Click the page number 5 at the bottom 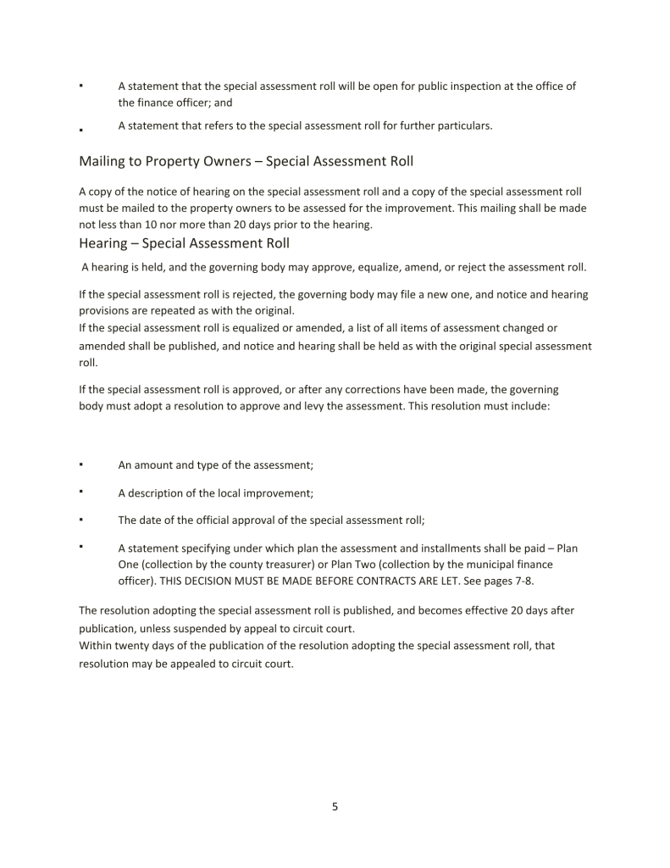335,807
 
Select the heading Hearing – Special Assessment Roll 184,244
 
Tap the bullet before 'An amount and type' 80,465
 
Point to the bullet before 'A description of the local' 80,492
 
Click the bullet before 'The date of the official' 80,520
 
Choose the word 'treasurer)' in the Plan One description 285,564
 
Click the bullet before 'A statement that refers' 80,130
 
